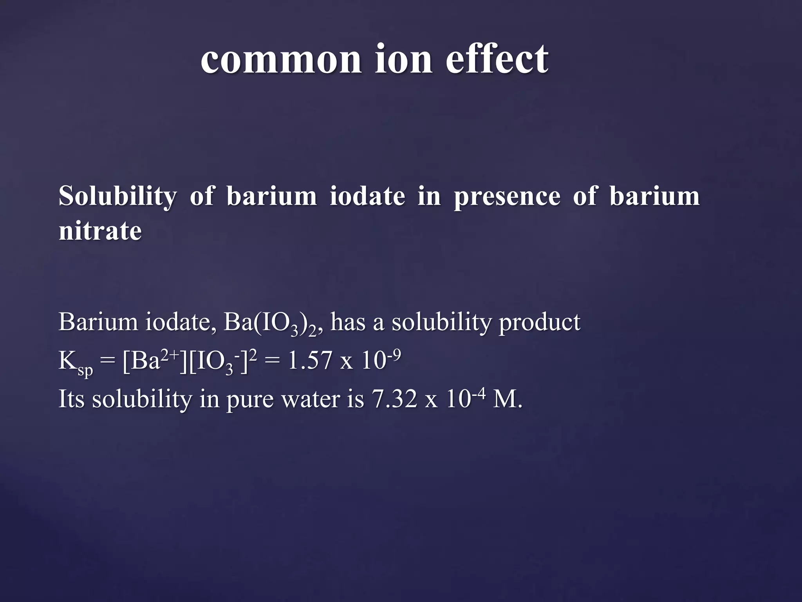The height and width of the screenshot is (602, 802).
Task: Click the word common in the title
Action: [x=281, y=60]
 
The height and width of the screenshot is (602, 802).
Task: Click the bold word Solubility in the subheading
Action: [x=117, y=196]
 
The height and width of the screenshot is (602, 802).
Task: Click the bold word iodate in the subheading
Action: [x=367, y=196]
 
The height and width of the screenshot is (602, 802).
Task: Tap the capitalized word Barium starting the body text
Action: [x=98, y=322]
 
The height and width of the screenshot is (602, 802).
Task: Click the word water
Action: [x=311, y=400]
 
